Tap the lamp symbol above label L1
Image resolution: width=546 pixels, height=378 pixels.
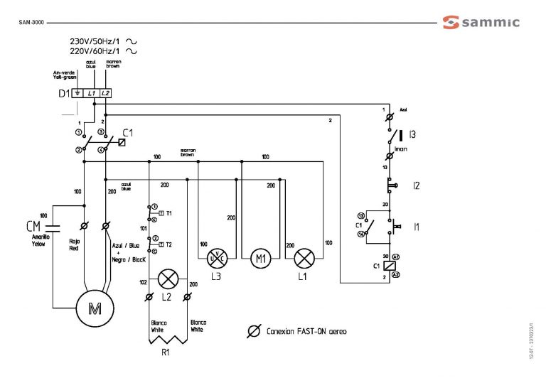(304, 257)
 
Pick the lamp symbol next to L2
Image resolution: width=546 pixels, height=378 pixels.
(168, 278)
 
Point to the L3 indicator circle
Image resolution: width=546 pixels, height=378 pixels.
(216, 257)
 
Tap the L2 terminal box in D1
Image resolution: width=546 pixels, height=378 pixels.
(105, 93)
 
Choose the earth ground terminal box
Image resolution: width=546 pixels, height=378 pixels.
(77, 93)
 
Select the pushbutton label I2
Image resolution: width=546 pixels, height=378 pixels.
(417, 185)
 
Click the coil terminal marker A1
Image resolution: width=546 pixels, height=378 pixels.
(396, 255)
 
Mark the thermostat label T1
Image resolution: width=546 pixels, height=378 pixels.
(169, 212)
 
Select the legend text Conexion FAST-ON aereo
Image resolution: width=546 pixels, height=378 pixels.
(306, 332)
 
